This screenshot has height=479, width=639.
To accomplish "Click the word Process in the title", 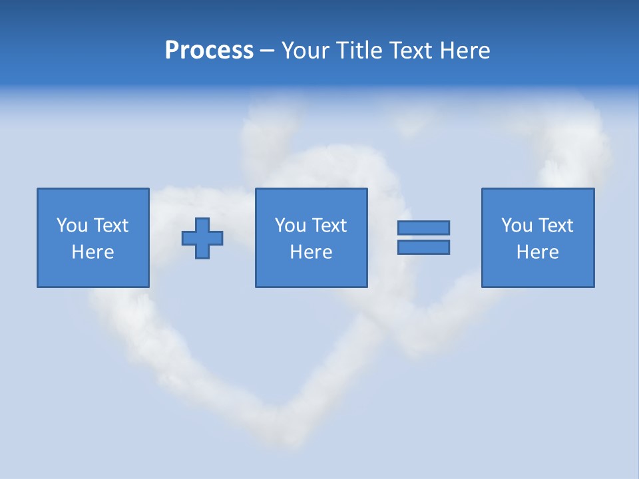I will (209, 51).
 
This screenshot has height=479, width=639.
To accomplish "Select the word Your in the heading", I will (304, 51).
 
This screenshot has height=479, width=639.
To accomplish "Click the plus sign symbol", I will (202, 238).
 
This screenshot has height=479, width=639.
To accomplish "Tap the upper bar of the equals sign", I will (423, 228).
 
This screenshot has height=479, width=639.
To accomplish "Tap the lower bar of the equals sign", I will (423, 247).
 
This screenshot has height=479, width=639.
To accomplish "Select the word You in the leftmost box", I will (72, 226).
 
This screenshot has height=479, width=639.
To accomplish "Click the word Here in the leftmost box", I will (93, 252).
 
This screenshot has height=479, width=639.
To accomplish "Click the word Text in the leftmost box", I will (110, 226).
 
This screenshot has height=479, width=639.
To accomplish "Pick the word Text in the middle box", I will (329, 226).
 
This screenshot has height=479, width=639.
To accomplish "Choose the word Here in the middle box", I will (311, 252).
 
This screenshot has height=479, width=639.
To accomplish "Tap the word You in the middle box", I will (290, 226).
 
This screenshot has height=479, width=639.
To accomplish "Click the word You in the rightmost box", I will (517, 226).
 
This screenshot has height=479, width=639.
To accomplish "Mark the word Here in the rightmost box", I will (537, 252).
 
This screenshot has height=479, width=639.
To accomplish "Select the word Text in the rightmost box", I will (555, 226).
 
